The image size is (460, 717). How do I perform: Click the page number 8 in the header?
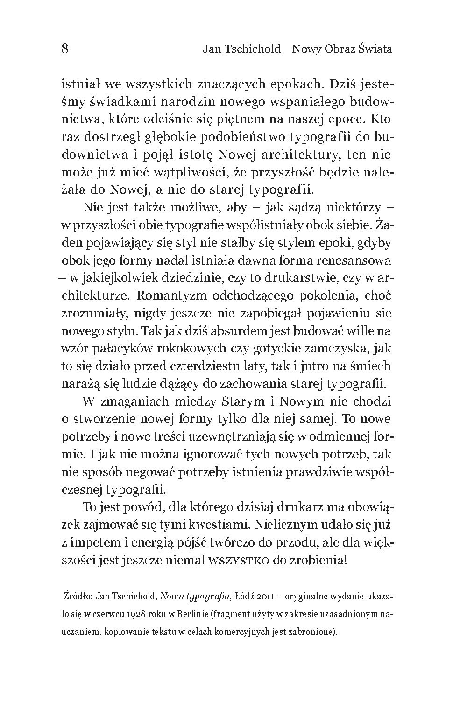click(x=65, y=49)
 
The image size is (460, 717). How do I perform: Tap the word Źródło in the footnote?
click(x=78, y=597)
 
